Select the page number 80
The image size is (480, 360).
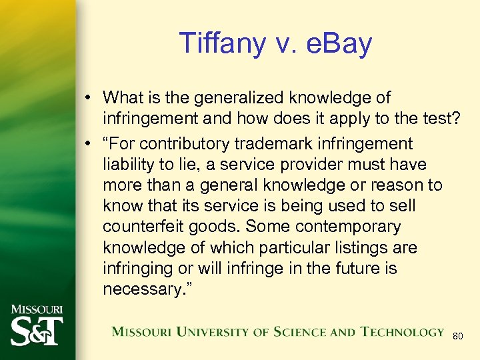click(457, 337)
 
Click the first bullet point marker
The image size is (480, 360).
click(89, 99)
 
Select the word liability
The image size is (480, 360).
click(127, 165)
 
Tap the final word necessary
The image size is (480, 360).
click(145, 289)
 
